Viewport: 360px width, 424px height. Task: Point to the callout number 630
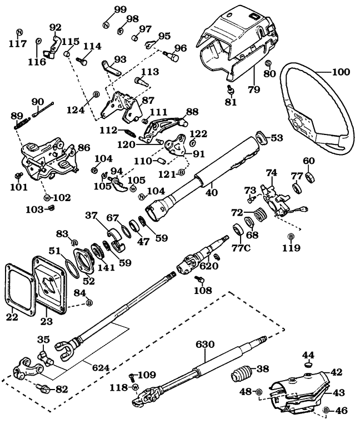(205, 345)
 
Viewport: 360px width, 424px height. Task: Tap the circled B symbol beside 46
(326, 411)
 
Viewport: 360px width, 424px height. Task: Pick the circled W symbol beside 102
(47, 197)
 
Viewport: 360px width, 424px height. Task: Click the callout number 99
(120, 9)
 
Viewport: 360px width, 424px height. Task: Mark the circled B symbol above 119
(291, 237)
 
